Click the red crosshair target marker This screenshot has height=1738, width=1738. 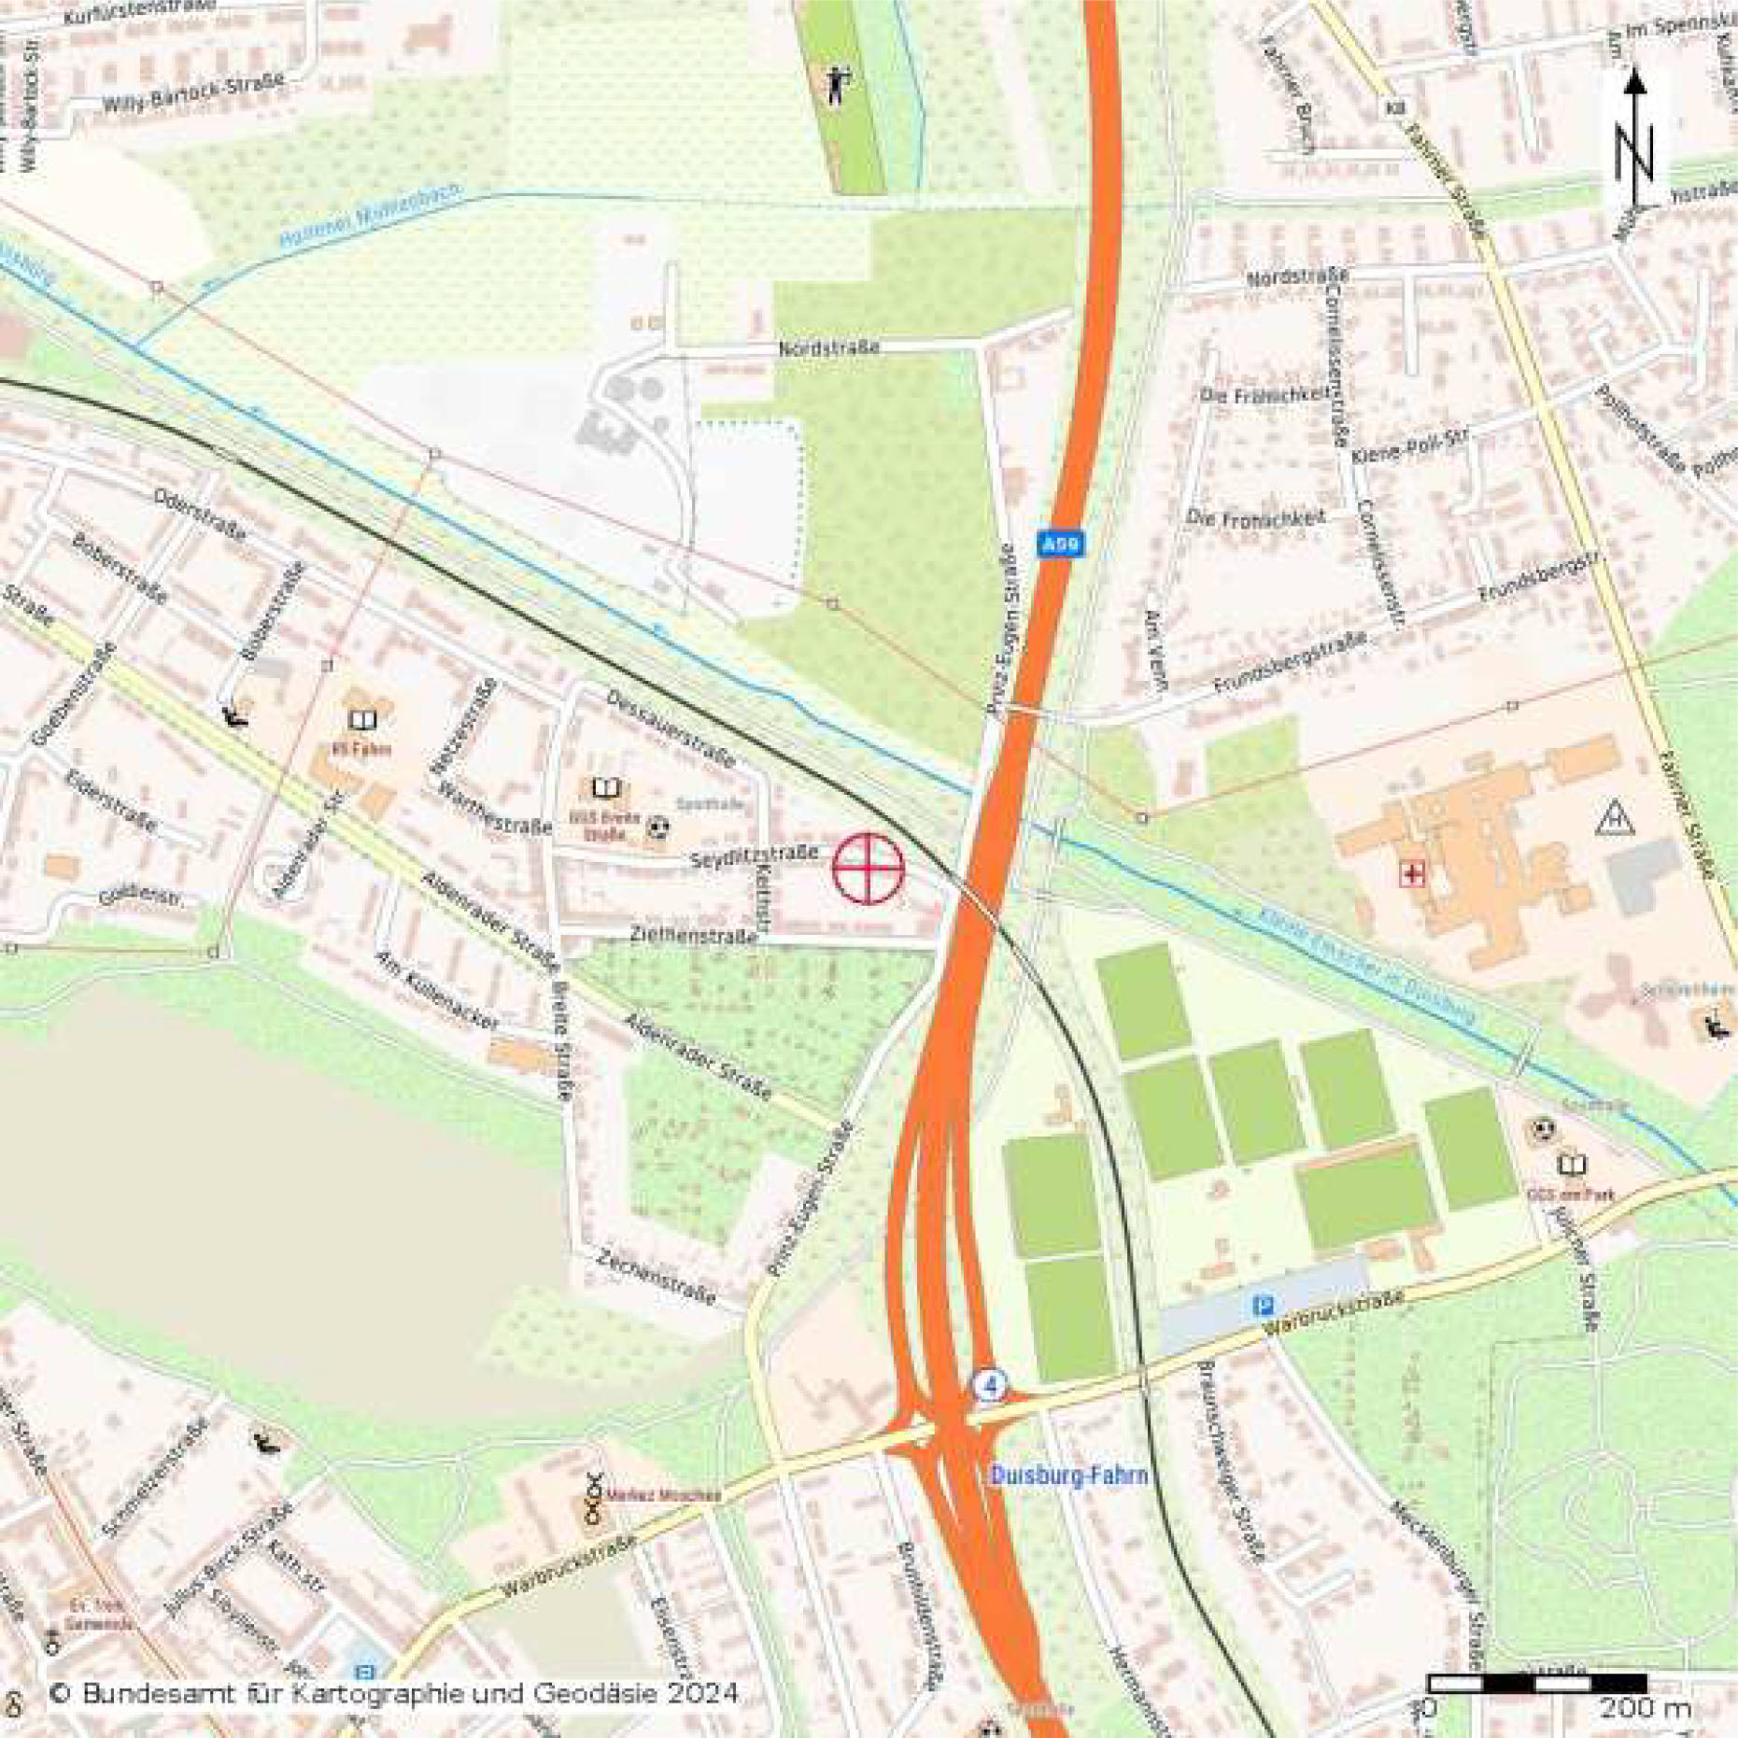(868, 869)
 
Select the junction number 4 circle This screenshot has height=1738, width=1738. (990, 1384)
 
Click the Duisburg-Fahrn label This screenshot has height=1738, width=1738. (1068, 1476)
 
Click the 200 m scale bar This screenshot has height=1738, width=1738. (1537, 1683)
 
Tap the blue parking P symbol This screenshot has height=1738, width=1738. (1264, 1306)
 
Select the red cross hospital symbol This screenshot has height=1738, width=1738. (1412, 874)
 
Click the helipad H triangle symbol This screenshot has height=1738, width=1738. (1615, 819)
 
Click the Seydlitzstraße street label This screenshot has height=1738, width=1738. (754, 855)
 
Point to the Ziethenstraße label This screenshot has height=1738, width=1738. (692, 935)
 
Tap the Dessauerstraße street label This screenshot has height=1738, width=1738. (670, 728)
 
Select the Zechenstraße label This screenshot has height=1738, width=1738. (657, 1277)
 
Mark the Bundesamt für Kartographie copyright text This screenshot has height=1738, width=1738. (392, 1693)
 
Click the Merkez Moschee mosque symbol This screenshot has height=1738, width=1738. (593, 1486)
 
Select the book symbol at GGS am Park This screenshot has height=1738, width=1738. (1572, 1165)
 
